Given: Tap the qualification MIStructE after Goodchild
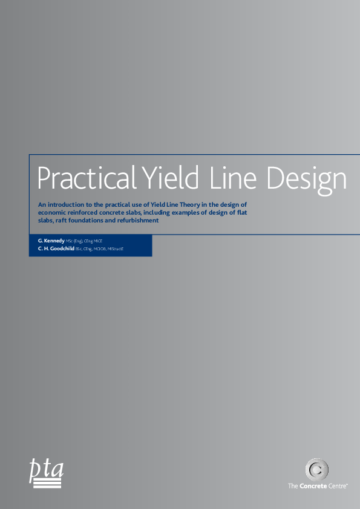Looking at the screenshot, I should [x=115, y=248].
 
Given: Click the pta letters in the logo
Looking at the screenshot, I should [x=46, y=469].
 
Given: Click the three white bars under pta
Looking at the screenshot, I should [x=46, y=483].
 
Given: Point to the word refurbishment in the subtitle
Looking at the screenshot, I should [x=137, y=221].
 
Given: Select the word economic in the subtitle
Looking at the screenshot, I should [x=52, y=213].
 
